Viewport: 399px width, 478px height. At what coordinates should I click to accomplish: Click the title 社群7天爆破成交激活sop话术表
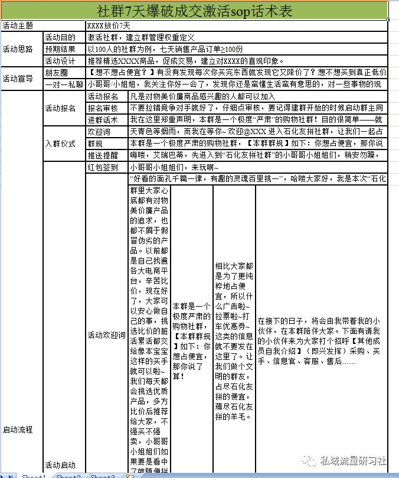[x=194, y=11]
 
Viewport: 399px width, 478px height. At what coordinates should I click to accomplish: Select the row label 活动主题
[x=18, y=26]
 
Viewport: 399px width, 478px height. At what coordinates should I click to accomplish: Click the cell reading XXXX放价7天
[x=109, y=26]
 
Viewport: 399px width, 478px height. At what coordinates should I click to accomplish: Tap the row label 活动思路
[x=18, y=49]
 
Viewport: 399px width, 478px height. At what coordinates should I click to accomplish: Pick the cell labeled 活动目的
[x=60, y=37]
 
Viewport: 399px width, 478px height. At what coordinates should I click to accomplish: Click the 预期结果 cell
[x=60, y=49]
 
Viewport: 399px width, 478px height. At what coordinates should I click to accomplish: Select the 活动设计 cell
[x=60, y=61]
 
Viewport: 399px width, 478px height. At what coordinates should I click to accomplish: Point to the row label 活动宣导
[x=18, y=79]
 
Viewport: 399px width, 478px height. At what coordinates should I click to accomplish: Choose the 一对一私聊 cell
[x=64, y=84]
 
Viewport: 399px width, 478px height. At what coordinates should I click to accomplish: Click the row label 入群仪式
[x=60, y=143]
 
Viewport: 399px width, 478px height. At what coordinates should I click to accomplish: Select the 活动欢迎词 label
[x=106, y=335]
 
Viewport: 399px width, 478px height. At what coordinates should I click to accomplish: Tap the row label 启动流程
[x=18, y=430]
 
